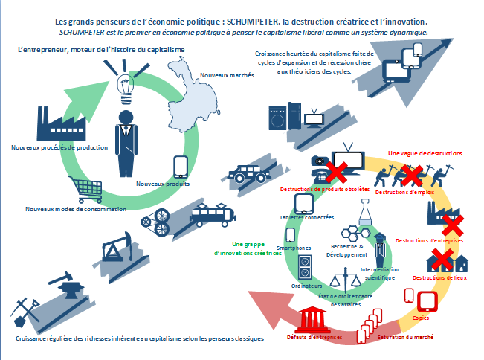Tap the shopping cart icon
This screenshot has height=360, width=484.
click(85, 189)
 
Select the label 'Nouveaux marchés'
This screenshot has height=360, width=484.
click(228, 75)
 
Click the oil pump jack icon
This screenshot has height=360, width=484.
click(117, 246)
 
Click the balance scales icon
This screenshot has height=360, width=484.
click(346, 280)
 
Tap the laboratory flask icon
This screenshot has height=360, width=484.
click(365, 212)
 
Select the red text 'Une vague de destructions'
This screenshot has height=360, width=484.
click(425, 153)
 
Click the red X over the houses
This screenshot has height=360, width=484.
click(442, 260)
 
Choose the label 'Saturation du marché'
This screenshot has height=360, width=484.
click(405, 337)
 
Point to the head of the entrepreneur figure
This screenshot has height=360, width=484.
click(126, 118)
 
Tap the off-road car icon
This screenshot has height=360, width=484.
click(249, 174)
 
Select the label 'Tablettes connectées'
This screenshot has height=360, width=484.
click(306, 218)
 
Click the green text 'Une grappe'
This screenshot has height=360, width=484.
click(248, 244)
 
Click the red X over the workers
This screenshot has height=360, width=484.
click(412, 176)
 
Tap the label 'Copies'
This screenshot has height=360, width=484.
click(420, 318)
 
